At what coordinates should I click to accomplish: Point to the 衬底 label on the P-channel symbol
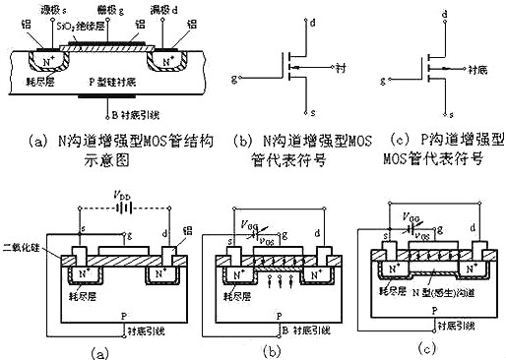point(478,69)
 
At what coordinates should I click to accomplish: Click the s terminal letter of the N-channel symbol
point(310,112)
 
